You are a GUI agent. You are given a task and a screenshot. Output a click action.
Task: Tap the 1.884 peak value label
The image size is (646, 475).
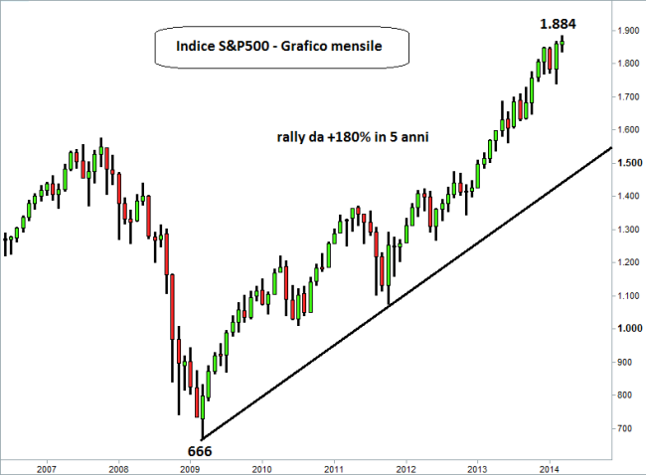pos(557,23)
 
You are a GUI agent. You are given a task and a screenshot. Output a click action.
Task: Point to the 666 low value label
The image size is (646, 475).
pos(200,450)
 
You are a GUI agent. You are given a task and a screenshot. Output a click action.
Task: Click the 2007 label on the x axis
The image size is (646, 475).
pos(46,466)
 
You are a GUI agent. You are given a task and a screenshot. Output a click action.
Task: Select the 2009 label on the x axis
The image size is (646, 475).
pos(190,466)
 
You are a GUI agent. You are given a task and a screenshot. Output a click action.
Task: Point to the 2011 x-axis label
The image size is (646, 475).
pos(334,466)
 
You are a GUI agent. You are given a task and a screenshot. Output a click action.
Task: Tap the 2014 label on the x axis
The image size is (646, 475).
pos(550,466)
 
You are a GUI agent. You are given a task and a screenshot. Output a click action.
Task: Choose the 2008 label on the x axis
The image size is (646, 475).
pos(117,466)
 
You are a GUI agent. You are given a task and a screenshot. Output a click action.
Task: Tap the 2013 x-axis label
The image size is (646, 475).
pos(478,466)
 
